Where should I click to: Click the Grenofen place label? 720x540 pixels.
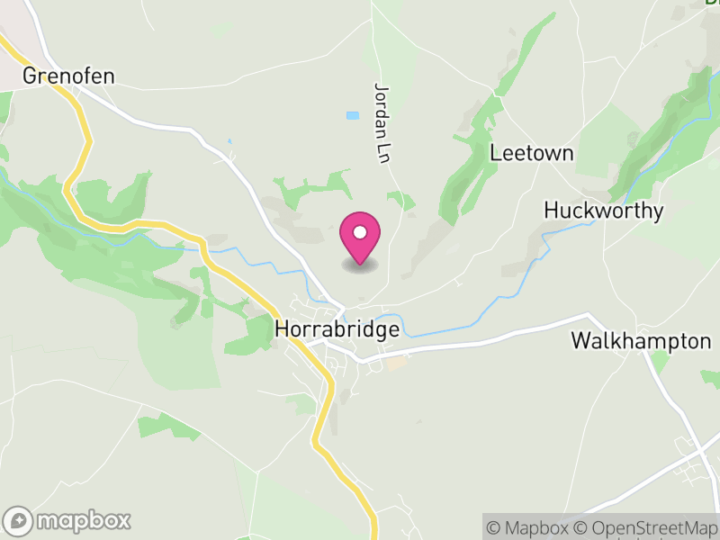pos(69,76)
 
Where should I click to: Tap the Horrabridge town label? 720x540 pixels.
pos(337,330)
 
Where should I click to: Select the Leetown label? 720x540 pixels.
pos(531,153)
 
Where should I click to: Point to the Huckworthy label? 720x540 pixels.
pos(604,211)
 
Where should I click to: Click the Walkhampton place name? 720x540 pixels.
pos(641,342)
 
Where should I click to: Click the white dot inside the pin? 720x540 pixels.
pos(360,233)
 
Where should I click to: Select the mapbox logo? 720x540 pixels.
pos(67,520)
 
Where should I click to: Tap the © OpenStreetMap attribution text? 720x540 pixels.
pos(644,527)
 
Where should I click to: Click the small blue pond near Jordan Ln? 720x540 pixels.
pos(352,115)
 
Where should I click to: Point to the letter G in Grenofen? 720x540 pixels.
pos(31,76)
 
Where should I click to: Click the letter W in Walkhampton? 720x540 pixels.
pos(580,342)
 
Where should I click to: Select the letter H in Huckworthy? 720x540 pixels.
pos(551,211)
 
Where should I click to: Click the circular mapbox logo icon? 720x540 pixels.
pos(18,520)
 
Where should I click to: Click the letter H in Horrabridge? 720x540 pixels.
pos(281,330)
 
